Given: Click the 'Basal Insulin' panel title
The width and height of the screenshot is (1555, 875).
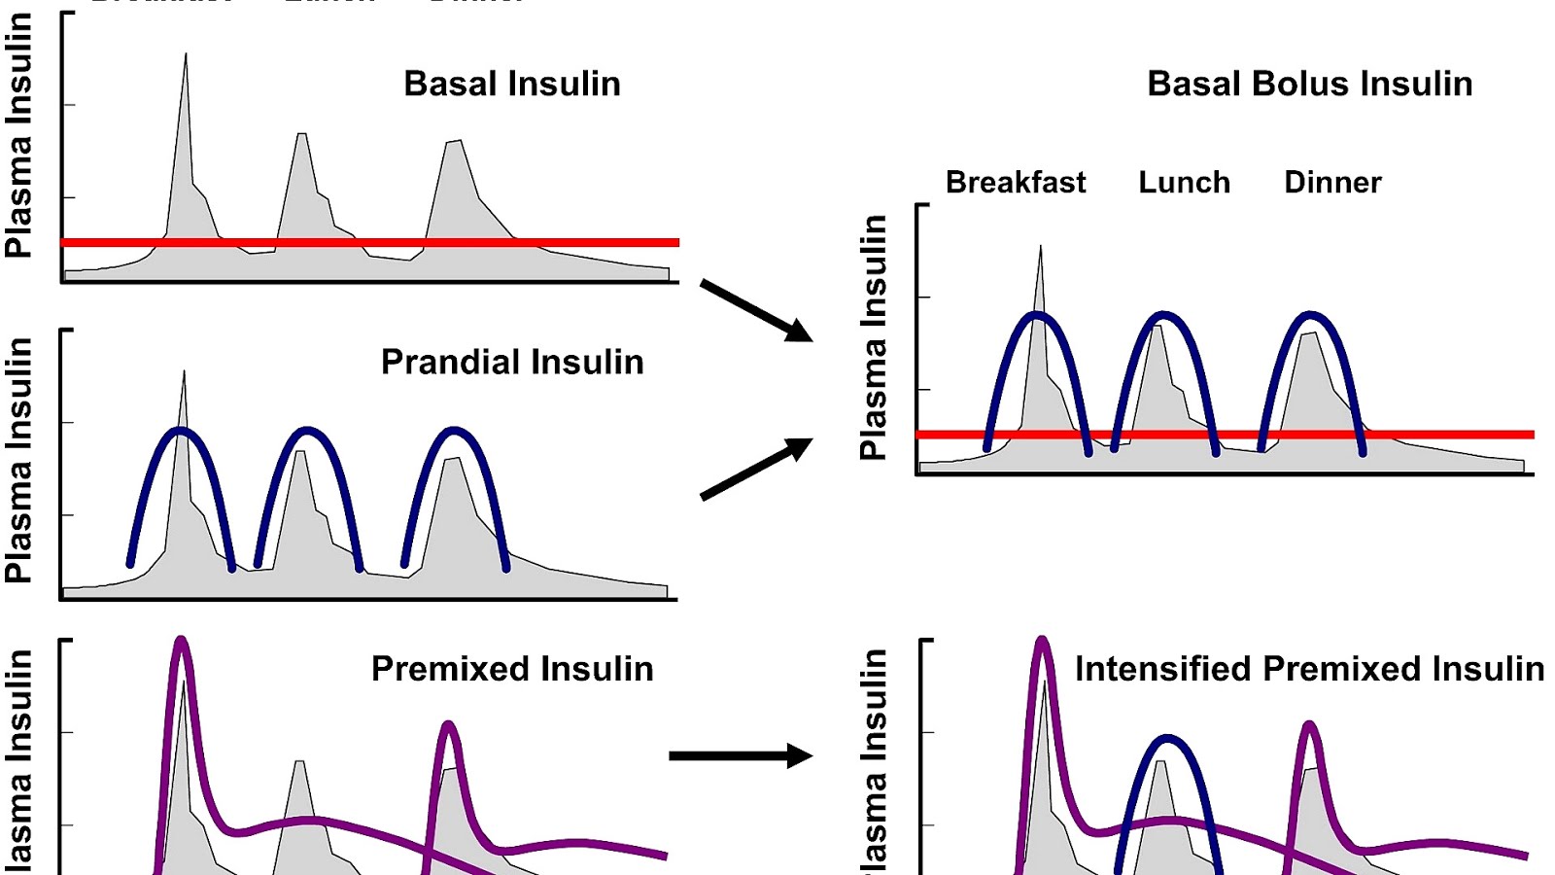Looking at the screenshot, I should tap(511, 84).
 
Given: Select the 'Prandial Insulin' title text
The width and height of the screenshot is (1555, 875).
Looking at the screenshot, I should tap(511, 362).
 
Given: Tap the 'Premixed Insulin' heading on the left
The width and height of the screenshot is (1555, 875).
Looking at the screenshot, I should tap(511, 669).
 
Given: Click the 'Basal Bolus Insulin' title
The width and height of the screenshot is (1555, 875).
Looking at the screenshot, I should tap(1309, 84).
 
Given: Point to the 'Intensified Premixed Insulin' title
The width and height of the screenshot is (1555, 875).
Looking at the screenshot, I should tap(1308, 669).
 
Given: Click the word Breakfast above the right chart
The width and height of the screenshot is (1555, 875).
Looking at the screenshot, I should tap(1015, 182).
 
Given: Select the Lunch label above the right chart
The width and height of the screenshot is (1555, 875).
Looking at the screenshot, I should tap(1184, 182).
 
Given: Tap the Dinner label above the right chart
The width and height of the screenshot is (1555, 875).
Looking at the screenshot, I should tap(1331, 182).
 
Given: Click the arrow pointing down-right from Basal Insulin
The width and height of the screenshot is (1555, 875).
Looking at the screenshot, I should tap(756, 310).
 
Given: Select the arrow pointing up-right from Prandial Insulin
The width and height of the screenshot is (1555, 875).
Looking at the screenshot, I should tap(756, 469).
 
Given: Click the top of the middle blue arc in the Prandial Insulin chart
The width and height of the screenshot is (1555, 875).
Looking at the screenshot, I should tap(307, 430).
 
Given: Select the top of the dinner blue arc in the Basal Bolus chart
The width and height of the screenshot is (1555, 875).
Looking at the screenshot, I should tap(1311, 315).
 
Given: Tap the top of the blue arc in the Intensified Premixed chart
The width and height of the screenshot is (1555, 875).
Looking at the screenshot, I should tap(1167, 738).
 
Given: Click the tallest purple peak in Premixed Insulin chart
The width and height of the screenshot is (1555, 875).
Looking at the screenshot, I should tap(181, 642).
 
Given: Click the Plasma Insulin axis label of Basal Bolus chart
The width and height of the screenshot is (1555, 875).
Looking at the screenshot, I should tap(873, 336).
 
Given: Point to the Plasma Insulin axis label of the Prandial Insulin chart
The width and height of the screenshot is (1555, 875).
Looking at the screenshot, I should tap(17, 459).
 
